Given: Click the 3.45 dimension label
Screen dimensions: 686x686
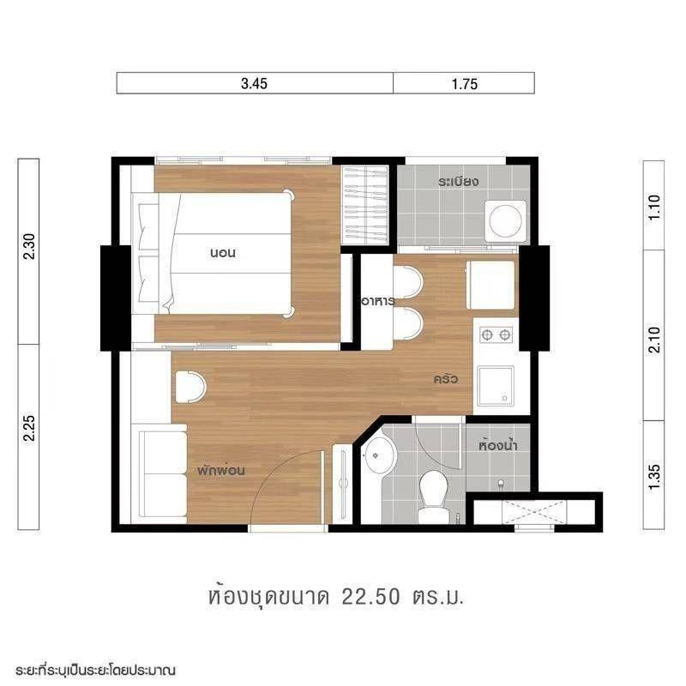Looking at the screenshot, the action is [254, 83].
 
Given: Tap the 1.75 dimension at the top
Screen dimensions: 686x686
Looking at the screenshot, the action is [465, 83].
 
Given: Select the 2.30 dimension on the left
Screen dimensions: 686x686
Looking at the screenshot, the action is [29, 247].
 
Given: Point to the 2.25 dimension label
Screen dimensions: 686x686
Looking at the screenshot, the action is [29, 429].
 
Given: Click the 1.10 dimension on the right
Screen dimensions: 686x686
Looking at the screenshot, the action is [653, 208].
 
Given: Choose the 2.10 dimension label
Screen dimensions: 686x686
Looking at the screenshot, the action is [653, 340].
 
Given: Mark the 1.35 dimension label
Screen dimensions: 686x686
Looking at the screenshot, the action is [653, 478].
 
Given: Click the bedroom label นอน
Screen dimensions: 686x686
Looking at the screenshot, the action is [223, 253].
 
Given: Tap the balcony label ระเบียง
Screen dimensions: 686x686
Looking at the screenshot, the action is [459, 181].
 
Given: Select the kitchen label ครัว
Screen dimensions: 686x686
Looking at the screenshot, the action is [446, 378].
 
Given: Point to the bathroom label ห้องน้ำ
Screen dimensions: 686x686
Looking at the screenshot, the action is [498, 445].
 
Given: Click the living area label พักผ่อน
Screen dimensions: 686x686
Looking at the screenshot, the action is [221, 471].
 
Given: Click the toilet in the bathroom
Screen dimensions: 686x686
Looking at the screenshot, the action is [433, 496].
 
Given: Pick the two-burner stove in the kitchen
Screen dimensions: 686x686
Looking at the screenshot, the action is [496, 335].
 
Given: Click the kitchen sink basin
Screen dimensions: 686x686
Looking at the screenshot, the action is [496, 386].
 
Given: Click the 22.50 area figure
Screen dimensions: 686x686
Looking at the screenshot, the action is [370, 597].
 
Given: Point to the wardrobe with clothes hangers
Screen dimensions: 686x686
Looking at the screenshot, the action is [364, 205].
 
